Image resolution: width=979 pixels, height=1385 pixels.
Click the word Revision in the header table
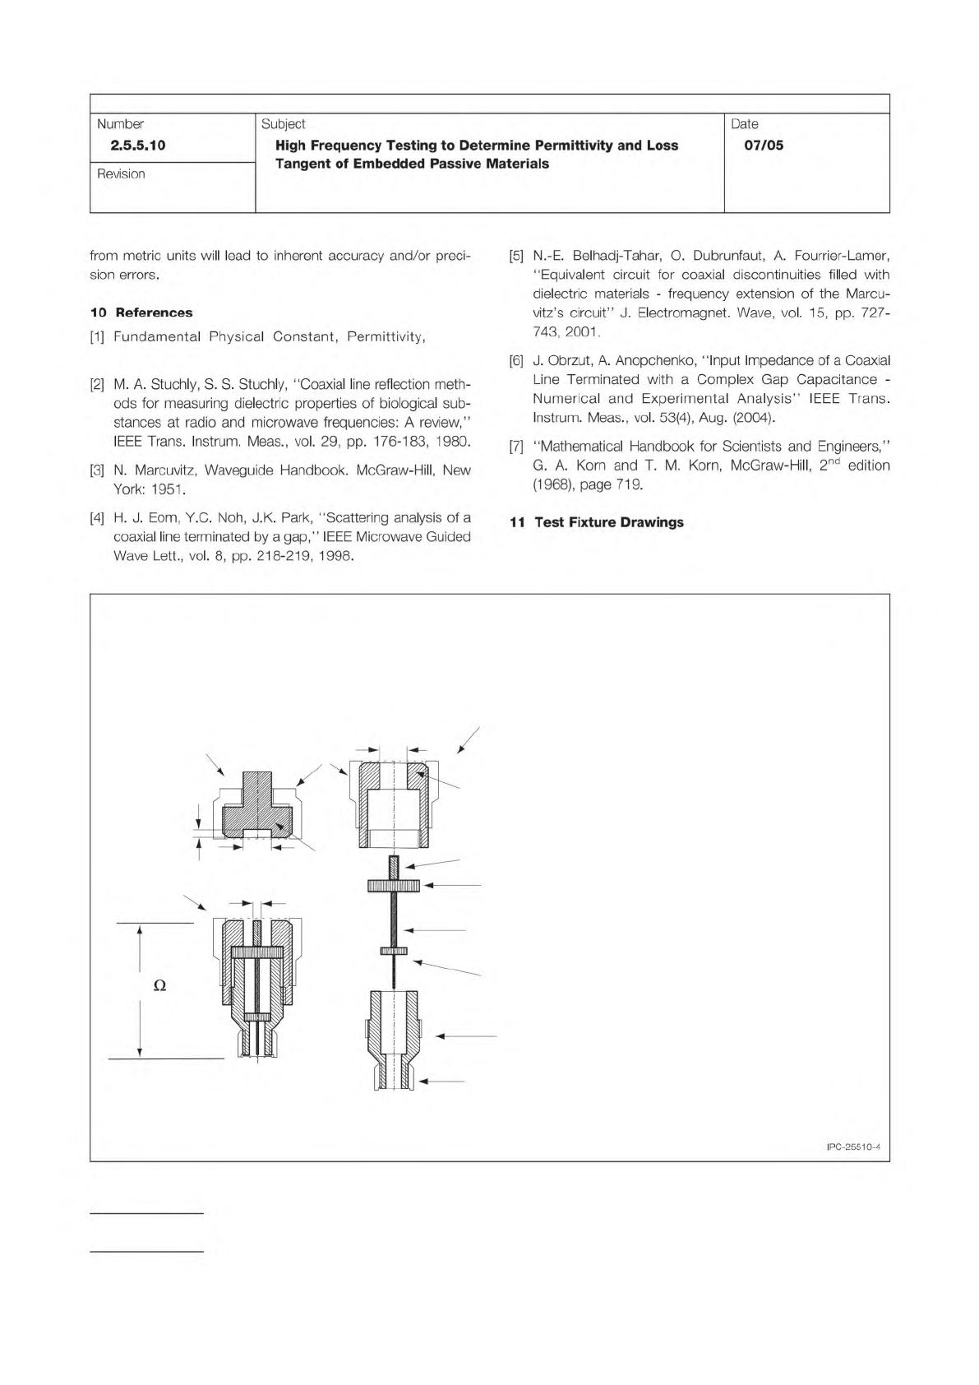point(121,174)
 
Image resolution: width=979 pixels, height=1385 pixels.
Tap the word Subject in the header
point(283,124)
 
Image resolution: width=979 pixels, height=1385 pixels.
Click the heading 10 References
point(141,313)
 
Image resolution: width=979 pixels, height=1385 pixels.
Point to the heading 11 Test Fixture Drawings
point(597,522)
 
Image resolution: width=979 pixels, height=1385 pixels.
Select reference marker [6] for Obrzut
point(516,361)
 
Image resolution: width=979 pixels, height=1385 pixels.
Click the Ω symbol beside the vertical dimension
point(160,985)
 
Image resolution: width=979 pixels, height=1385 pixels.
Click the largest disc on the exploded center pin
point(394,885)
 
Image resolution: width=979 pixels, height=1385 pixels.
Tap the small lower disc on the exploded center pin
point(394,951)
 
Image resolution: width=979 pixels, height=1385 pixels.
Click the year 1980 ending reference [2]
point(454,442)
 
